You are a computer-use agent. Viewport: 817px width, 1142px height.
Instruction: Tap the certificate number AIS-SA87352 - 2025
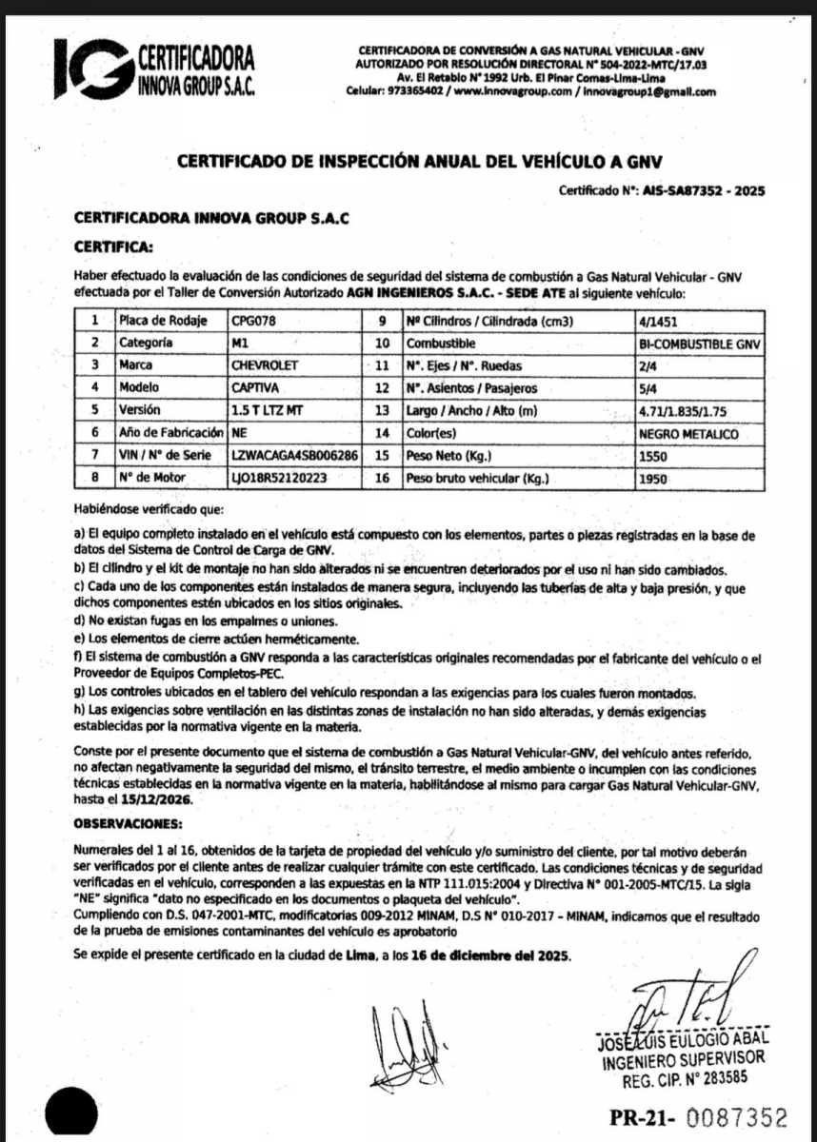pyautogui.click(x=704, y=190)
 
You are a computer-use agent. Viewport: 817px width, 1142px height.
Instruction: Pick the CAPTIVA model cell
pyautogui.click(x=254, y=387)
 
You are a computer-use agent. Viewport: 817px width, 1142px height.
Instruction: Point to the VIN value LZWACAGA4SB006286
pyautogui.click(x=294, y=456)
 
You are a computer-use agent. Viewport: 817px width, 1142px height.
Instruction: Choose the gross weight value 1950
pyautogui.click(x=655, y=479)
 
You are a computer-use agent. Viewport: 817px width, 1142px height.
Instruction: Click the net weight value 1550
pyautogui.click(x=654, y=456)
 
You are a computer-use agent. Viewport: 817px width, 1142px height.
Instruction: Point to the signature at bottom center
pyautogui.click(x=405, y=1038)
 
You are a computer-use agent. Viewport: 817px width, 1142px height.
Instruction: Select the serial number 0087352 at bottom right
pyautogui.click(x=737, y=1117)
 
